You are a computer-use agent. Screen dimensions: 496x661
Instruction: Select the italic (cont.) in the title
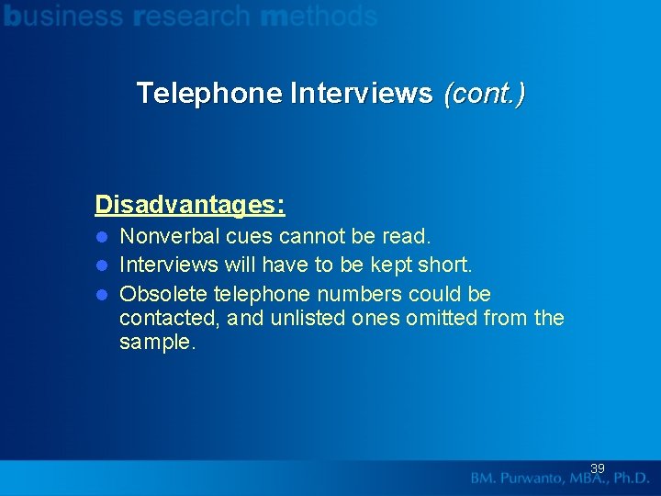(x=484, y=93)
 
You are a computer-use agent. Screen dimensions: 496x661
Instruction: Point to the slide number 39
(x=597, y=468)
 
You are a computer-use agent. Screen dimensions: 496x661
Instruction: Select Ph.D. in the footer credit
(x=629, y=479)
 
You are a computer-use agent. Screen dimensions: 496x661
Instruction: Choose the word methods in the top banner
(x=319, y=16)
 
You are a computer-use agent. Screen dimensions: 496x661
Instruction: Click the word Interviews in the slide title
(x=361, y=93)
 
